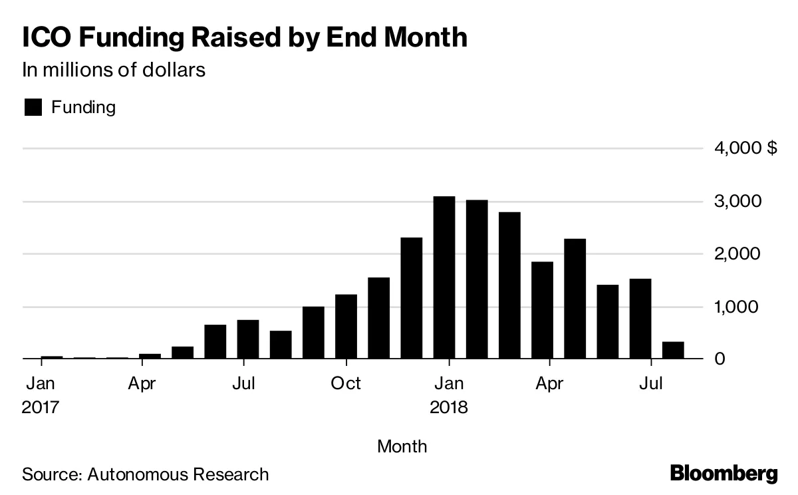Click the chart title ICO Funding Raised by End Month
pos(245,38)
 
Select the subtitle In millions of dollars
pos(114,70)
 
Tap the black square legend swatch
pos(33,107)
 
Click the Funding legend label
pos(83,107)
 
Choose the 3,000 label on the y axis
pos(735,202)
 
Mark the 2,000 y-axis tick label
pos(735,254)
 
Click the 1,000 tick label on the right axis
pos(735,307)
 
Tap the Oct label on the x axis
pos(346,384)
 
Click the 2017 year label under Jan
pos(41,407)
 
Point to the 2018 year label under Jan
pos(449,407)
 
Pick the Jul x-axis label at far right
pos(652,384)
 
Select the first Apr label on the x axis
pos(142,384)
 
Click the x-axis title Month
pos(402,446)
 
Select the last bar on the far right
pos(673,351)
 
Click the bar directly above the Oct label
pos(346,327)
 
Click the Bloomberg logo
pos(724,474)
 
